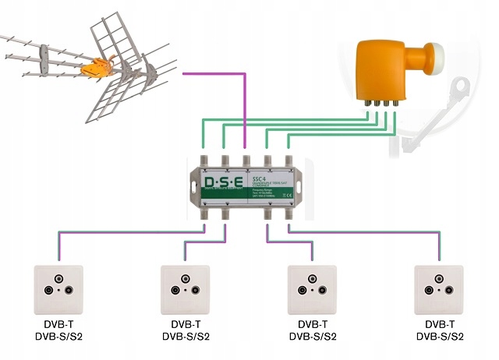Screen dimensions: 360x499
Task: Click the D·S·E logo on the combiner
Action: [223, 183]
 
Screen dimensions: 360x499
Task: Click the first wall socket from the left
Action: [58, 288]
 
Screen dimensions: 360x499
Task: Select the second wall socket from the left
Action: [185, 288]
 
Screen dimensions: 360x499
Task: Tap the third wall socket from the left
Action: [312, 288]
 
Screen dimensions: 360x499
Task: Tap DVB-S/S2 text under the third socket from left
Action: [312, 337]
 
